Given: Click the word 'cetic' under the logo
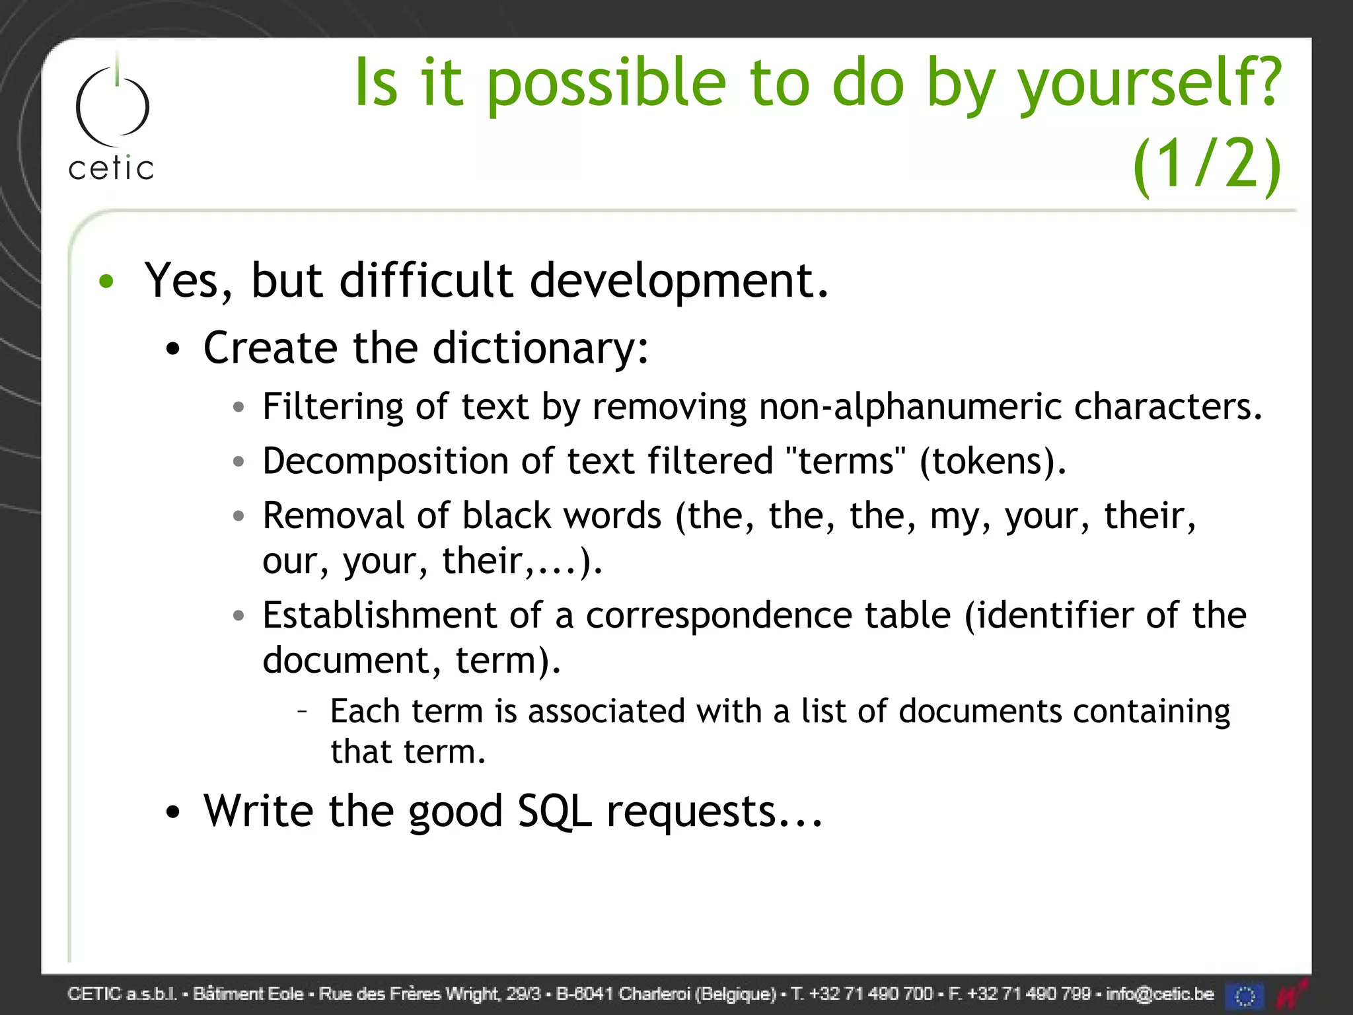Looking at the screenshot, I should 111,169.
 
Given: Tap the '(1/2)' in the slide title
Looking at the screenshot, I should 1206,165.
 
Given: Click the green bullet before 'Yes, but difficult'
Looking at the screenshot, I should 106,282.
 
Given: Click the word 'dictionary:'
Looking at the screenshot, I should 540,348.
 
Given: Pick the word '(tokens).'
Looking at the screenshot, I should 992,461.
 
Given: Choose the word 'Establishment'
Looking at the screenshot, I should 379,615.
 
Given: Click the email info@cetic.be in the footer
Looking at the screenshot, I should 1159,994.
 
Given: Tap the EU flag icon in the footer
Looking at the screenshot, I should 1245,995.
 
